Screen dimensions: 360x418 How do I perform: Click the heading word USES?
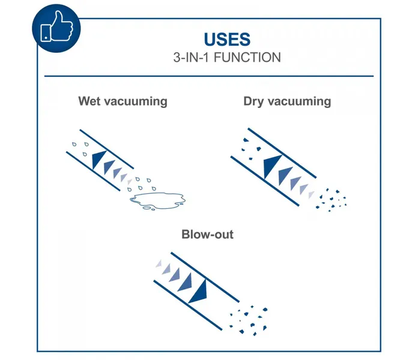click(x=226, y=40)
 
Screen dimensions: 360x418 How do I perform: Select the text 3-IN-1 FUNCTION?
click(x=226, y=58)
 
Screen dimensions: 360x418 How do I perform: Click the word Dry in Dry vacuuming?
click(x=254, y=101)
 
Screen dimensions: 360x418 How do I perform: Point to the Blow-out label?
click(x=207, y=234)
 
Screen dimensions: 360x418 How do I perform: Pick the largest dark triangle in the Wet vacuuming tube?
click(x=97, y=159)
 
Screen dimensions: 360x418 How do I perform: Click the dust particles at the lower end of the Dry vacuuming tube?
click(x=332, y=199)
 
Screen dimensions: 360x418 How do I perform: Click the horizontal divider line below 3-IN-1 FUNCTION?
click(x=209, y=76)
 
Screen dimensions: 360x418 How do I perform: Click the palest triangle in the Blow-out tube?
click(x=160, y=265)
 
